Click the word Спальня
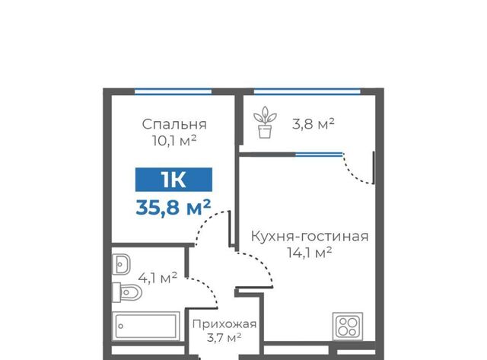pos(174,125)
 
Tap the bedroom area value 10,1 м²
pos(174,141)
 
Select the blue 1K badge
pos(173,180)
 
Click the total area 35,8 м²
pos(173,207)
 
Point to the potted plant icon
pos(265,122)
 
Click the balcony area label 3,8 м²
pos(313,124)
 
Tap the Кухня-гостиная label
pos(310,237)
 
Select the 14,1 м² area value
pos(310,252)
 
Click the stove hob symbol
pos(348,327)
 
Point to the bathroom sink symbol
pos(121,264)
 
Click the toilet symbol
pos(127,292)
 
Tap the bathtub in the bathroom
pos(145,327)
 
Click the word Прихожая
pos(224,324)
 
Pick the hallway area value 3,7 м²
pos(224,337)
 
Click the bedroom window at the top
pos(173,91)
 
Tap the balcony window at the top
pos(307,91)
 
